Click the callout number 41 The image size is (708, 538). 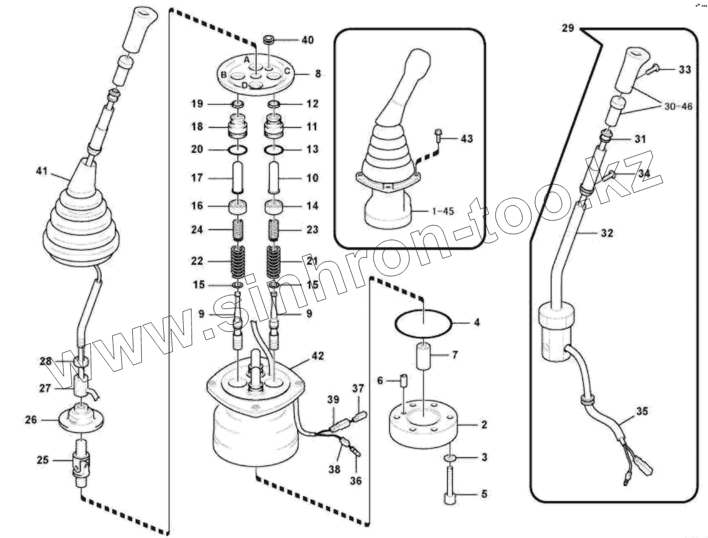(42, 171)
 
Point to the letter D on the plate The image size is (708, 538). (245, 85)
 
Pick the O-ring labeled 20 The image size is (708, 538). (238, 150)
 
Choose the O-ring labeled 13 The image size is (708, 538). (275, 150)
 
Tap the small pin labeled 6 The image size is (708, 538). (404, 381)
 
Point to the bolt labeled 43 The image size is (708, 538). (438, 137)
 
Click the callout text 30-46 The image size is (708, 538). (678, 106)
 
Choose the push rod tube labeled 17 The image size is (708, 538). (238, 178)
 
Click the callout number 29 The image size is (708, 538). (568, 28)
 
